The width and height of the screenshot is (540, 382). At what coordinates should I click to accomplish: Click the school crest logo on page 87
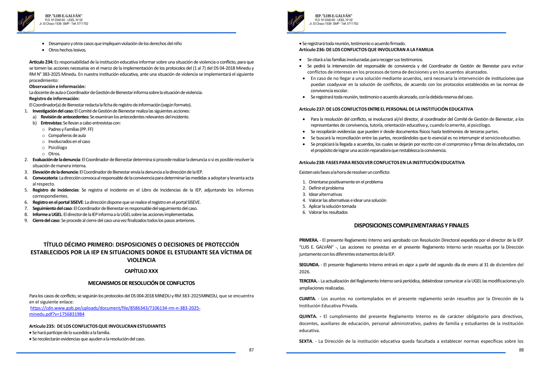click(x=26, y=21)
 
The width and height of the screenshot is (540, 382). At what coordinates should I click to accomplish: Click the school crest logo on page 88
click(x=296, y=21)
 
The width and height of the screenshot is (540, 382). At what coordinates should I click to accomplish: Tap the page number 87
click(x=251, y=350)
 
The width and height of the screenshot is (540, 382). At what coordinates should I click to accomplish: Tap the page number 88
click(x=521, y=350)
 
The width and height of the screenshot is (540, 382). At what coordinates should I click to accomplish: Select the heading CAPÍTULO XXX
click(x=141, y=271)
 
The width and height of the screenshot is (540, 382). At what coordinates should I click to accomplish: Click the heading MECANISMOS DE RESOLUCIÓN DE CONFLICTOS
click(x=141, y=283)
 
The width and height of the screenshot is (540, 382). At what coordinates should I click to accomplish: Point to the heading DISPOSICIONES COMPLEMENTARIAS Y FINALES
click(x=411, y=226)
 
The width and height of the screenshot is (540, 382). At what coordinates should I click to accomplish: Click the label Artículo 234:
click(x=41, y=62)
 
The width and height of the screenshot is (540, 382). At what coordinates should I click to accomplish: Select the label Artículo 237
click(x=311, y=109)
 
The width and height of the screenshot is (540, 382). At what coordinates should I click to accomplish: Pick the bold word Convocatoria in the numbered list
click(x=45, y=178)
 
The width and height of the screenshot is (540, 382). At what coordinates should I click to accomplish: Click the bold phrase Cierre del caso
click(x=46, y=221)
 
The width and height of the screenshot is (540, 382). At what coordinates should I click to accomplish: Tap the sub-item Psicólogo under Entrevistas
click(x=57, y=148)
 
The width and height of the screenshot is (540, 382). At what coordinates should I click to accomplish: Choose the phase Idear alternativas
click(x=325, y=194)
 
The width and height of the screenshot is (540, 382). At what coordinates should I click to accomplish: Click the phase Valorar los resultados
click(x=328, y=212)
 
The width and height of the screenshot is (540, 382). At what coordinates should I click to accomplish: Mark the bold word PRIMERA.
click(x=308, y=240)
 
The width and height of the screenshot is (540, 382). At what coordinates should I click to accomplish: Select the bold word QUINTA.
click(x=308, y=317)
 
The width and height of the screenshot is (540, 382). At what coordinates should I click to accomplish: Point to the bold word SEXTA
click(x=305, y=341)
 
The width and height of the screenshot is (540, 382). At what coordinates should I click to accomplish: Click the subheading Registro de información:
click(x=54, y=99)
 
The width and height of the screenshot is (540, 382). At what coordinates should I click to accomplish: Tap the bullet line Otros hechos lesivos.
click(x=67, y=50)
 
